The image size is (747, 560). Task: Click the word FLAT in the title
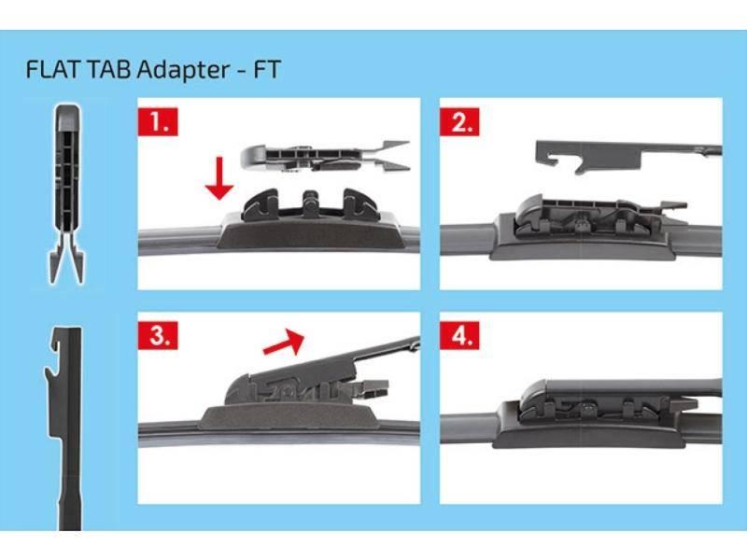point(53,69)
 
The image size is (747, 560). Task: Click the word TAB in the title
point(109,69)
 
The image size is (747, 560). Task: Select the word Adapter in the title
point(183,70)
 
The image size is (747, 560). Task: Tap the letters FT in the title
point(267,69)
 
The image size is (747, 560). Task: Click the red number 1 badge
point(158,121)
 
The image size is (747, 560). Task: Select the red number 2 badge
point(459,121)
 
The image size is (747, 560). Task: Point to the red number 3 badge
point(158,335)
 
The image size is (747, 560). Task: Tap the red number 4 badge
point(459,335)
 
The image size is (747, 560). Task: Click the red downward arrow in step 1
point(219,178)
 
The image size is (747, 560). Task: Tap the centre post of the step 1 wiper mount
point(311,203)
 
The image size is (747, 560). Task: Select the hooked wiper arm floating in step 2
point(628,156)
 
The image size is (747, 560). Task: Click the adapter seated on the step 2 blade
point(600,215)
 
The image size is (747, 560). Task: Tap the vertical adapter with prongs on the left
point(67,193)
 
